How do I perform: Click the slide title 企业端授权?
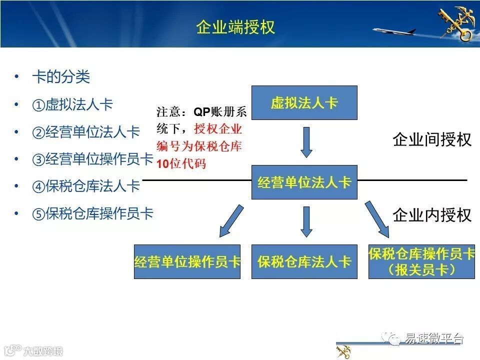(x=235, y=27)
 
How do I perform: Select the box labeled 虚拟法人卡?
(x=304, y=103)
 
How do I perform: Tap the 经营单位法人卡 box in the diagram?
(x=304, y=182)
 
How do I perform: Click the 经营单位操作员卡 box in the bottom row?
(x=187, y=261)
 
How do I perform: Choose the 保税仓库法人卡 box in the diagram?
(x=304, y=261)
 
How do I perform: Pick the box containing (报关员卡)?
(x=421, y=261)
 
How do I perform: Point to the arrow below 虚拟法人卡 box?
(x=307, y=142)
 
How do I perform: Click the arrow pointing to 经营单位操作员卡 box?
(x=231, y=221)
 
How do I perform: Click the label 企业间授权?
(x=432, y=139)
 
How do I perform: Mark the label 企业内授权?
(x=432, y=215)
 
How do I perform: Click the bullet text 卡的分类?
(x=61, y=77)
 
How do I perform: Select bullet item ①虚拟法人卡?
(x=72, y=104)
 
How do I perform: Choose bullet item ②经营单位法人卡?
(x=86, y=132)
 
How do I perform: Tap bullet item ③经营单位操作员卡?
(x=92, y=159)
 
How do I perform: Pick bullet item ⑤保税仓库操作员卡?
(x=92, y=213)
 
